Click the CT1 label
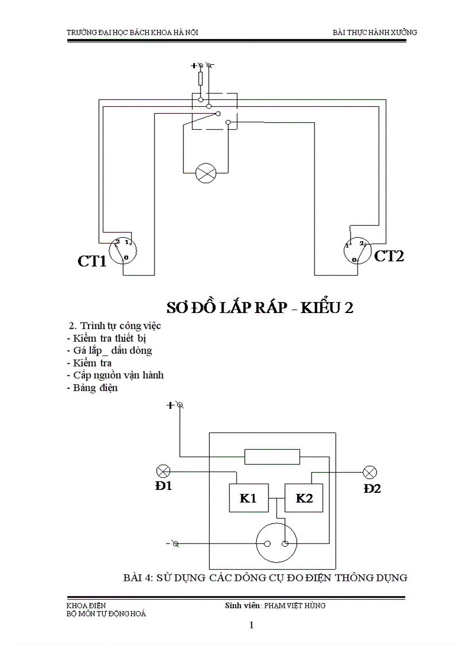click(x=92, y=261)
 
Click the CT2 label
click(x=389, y=256)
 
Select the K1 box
click(x=248, y=498)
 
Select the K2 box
click(x=304, y=498)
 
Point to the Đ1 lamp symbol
click(x=164, y=472)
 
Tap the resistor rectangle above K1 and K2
click(x=272, y=457)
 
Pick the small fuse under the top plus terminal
click(x=201, y=79)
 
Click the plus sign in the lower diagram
click(x=170, y=405)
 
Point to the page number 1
click(x=251, y=625)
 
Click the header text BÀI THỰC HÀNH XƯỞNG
click(x=375, y=32)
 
